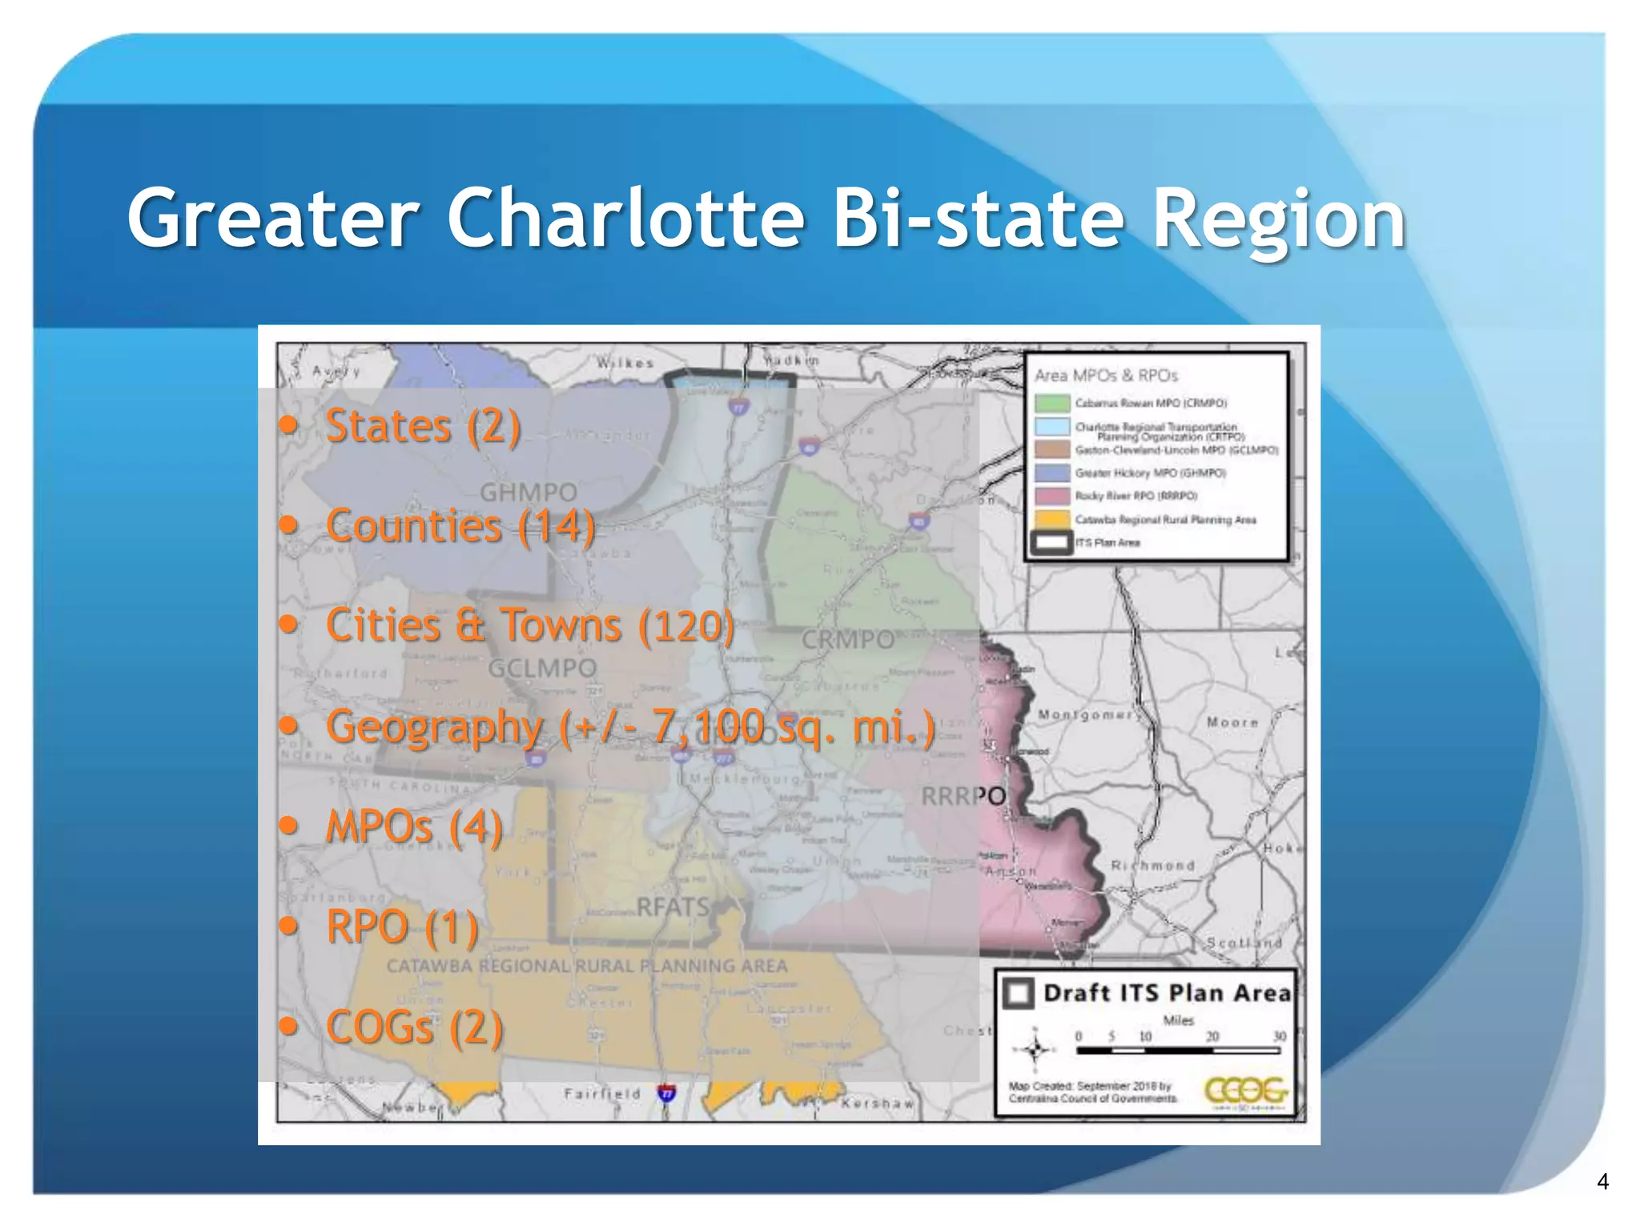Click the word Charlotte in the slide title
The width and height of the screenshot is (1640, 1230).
click(x=625, y=219)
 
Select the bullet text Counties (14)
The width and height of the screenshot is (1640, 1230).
click(x=460, y=526)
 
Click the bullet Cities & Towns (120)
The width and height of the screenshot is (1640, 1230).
click(x=529, y=625)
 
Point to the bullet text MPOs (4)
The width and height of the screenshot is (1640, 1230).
click(x=414, y=826)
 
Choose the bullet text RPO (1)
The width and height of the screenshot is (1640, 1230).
click(x=402, y=927)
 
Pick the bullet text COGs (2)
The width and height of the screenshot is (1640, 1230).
click(x=414, y=1027)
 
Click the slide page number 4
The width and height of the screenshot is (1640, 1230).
click(x=1602, y=1181)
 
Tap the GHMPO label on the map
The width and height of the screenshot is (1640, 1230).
click(x=529, y=492)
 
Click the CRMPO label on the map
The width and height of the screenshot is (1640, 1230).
click(x=848, y=640)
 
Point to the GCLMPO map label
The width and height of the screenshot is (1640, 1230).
click(x=542, y=668)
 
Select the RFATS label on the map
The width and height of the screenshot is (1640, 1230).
click(x=673, y=906)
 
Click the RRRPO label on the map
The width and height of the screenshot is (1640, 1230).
click(x=963, y=796)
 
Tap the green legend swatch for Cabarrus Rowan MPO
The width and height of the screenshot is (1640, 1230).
click(x=1052, y=403)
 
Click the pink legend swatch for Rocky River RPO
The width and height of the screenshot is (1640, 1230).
click(x=1052, y=496)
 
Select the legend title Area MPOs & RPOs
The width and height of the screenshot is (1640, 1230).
click(x=1106, y=375)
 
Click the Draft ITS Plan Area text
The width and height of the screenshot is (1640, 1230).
click(x=1167, y=993)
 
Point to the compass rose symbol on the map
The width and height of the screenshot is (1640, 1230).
click(x=1035, y=1049)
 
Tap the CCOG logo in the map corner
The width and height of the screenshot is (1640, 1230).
click(x=1246, y=1091)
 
